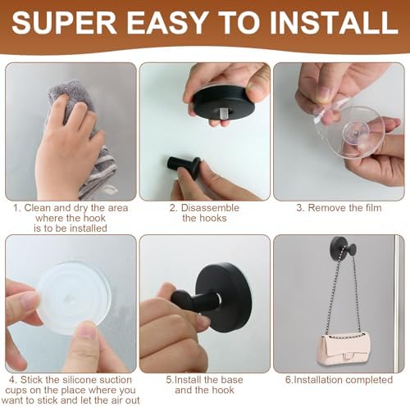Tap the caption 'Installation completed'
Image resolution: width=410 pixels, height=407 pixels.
(x=339, y=380)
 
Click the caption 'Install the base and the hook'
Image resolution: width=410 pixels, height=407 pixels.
(x=204, y=385)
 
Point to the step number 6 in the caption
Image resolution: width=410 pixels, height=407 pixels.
(x=288, y=380)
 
